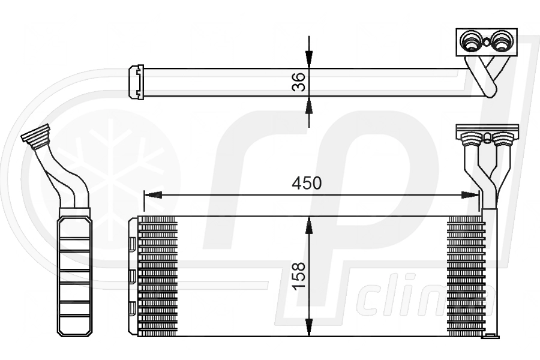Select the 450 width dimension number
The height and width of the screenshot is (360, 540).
pyautogui.click(x=307, y=184)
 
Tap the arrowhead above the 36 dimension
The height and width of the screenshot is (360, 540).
pyautogui.click(x=309, y=59)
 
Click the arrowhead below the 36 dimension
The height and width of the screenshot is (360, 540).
pyautogui.click(x=309, y=105)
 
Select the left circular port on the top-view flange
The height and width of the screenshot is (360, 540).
pyautogui.click(x=469, y=43)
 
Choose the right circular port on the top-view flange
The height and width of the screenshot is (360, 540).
pyautogui.click(x=501, y=43)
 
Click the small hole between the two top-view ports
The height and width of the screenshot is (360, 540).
pyautogui.click(x=485, y=43)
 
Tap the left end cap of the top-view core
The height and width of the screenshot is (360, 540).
pyautogui.click(x=136, y=82)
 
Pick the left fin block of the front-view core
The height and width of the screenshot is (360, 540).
pyautogui.click(x=158, y=275)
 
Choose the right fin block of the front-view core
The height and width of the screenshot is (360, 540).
pyautogui.click(x=466, y=275)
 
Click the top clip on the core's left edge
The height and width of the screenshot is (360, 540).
pyautogui.click(x=131, y=244)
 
